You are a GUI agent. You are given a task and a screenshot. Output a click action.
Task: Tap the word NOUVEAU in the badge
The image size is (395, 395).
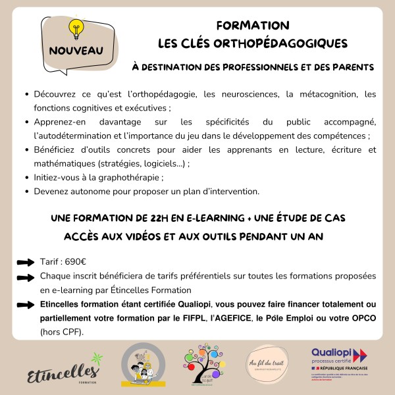tap(76, 50)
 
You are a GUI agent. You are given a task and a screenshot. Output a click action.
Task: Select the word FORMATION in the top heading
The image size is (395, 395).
tap(253, 26)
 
